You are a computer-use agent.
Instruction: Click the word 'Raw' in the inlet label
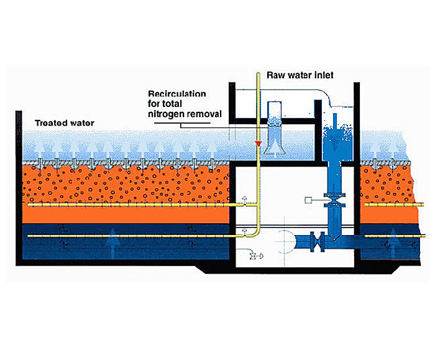pyautogui.click(x=277, y=75)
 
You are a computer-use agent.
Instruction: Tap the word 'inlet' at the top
pyautogui.click(x=323, y=75)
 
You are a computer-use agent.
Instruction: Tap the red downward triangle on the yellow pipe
pyautogui.click(x=255, y=145)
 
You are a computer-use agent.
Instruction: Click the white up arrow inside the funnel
pyautogui.click(x=275, y=147)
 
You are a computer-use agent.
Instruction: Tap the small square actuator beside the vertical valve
pyautogui.click(x=309, y=200)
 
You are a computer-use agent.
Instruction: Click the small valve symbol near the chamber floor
pyautogui.click(x=254, y=255)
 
